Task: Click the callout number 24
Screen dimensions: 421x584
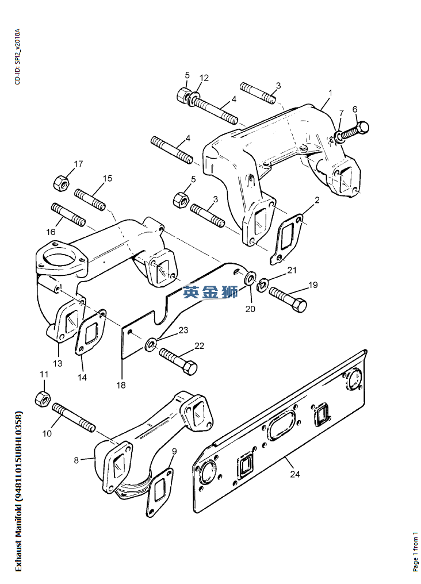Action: tap(294, 474)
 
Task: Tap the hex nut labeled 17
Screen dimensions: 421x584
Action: tap(60, 183)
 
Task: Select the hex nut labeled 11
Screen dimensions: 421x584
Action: tap(43, 399)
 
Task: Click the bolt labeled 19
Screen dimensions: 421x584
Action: tap(288, 299)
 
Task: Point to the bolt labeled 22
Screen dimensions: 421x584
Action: tap(178, 360)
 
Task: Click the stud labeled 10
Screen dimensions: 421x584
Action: tap(74, 418)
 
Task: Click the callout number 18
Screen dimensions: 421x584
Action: tap(121, 385)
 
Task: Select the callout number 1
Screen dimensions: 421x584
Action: tap(330, 93)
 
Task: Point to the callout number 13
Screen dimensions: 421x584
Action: tap(58, 363)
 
